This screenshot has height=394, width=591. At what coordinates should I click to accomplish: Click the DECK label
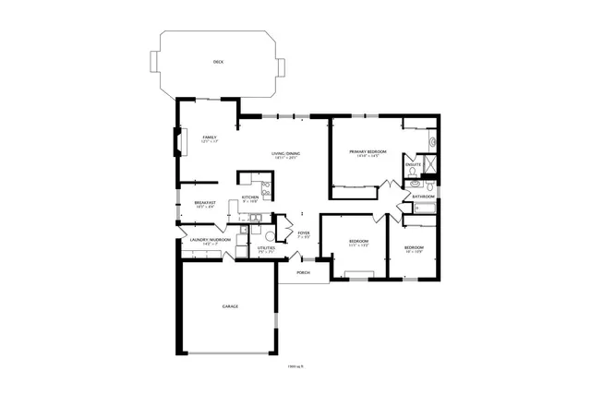point(218,62)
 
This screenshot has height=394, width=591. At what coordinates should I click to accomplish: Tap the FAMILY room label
point(210,137)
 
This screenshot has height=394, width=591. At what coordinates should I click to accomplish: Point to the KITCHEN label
point(249,197)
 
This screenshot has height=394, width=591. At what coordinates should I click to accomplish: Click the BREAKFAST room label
point(205,202)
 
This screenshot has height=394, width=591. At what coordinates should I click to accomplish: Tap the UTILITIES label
point(266,248)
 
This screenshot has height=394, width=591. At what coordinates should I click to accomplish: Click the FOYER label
point(303,233)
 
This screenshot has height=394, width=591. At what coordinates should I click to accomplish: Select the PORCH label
point(302,273)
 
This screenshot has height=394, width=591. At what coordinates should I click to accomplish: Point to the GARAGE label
point(230,305)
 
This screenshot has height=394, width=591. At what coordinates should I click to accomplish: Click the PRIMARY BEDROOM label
point(368,151)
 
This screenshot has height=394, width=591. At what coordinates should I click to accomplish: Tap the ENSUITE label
point(413,165)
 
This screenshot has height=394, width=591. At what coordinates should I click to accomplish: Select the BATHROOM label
point(424,197)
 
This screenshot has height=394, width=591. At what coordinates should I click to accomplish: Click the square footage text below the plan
point(295,366)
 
